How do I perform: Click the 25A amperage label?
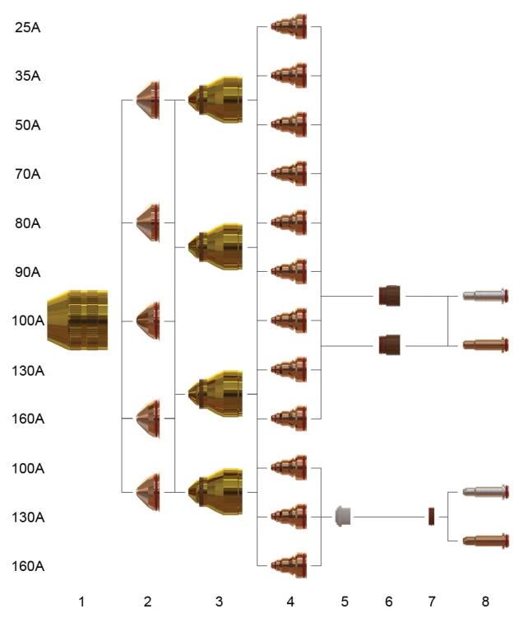point(27,27)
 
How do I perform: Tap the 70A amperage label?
point(27,174)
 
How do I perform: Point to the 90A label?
point(27,272)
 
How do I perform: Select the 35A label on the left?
point(27,76)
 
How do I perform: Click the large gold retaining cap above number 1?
point(77,320)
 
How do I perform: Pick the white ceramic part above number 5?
point(343,517)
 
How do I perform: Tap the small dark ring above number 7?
point(431,517)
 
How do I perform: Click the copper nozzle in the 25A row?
point(289,27)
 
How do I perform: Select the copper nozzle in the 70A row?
point(289,173)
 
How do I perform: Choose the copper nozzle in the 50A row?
point(289,124)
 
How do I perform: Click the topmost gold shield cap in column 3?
point(216,100)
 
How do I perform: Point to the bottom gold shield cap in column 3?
point(216,492)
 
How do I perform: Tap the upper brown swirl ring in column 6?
point(389,296)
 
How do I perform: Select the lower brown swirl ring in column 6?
point(389,345)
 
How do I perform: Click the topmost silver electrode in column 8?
point(485,296)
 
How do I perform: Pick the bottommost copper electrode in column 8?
point(485,541)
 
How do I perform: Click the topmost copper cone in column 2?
point(148,100)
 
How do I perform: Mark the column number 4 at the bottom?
point(290,602)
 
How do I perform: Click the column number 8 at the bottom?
point(485,602)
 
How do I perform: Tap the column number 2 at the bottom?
point(147,602)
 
